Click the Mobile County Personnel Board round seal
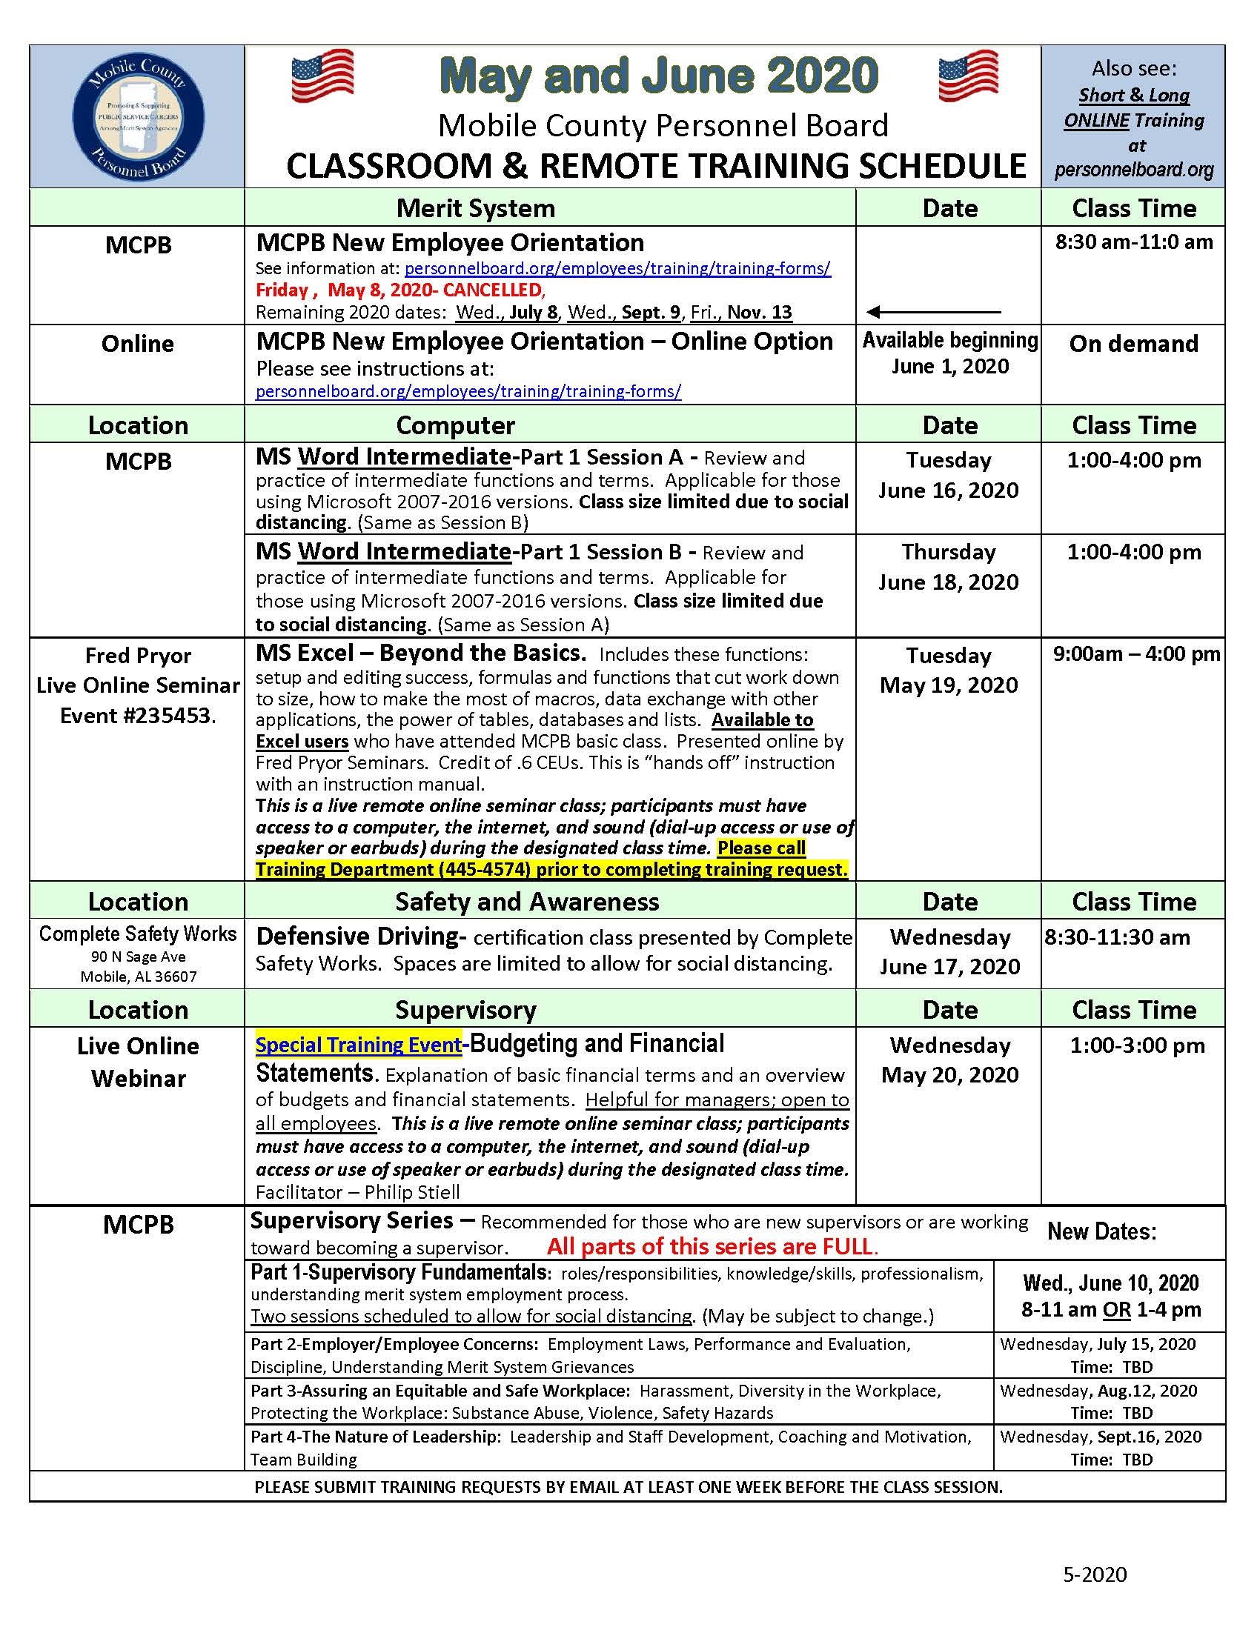[138, 117]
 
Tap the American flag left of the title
[322, 76]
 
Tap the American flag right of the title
[968, 76]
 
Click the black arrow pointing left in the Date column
[933, 311]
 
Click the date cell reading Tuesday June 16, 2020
[948, 476]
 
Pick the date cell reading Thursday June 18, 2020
[948, 568]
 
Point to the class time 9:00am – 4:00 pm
[1136, 654]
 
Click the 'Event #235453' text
[138, 716]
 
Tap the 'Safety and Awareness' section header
[527, 902]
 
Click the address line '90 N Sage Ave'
[138, 957]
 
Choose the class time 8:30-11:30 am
[1117, 937]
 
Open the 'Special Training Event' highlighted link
[358, 1045]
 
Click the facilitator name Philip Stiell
[412, 1192]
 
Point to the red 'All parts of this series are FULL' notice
[712, 1246]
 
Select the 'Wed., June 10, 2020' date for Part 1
[1111, 1284]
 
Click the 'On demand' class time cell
[1133, 344]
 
